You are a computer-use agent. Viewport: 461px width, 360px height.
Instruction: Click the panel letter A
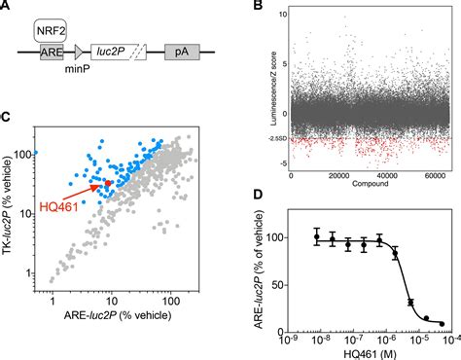pyautogui.click(x=7, y=8)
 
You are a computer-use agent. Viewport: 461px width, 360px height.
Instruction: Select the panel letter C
pyautogui.click(x=7, y=119)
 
